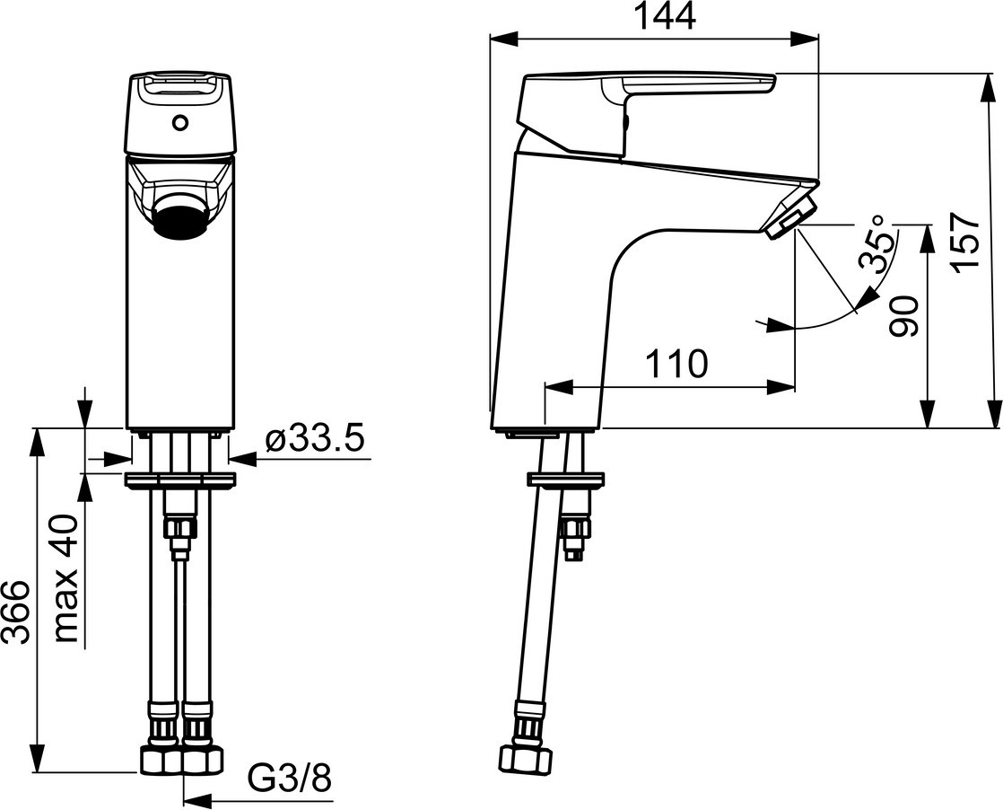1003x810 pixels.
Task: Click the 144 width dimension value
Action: pyautogui.click(x=667, y=17)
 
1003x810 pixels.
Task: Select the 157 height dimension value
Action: pyautogui.click(x=966, y=243)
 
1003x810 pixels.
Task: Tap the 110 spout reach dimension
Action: pyautogui.click(x=676, y=365)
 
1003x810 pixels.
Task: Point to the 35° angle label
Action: pyautogui.click(x=876, y=243)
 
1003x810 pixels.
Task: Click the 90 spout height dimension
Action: pyautogui.click(x=904, y=316)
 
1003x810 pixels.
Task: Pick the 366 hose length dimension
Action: pyautogui.click(x=16, y=612)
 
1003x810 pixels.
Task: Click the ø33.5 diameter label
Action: pyautogui.click(x=315, y=441)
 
